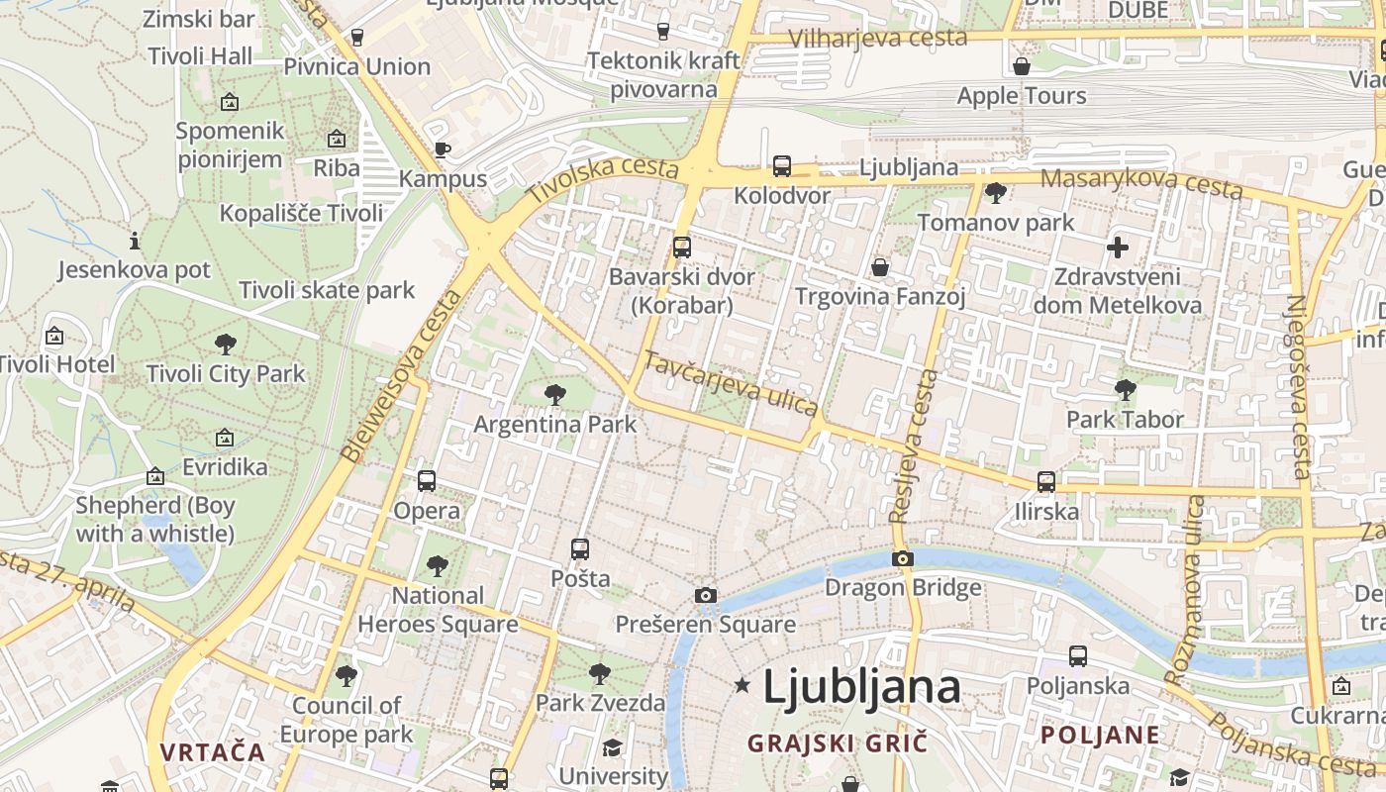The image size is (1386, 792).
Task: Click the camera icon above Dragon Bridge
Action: [902, 559]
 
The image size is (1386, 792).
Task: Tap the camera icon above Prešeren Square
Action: [705, 595]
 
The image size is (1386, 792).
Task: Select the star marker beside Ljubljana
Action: [742, 685]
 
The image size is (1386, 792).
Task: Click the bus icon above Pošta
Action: [580, 548]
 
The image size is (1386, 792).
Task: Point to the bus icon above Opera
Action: [427, 481]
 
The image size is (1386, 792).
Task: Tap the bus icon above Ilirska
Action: [1046, 482]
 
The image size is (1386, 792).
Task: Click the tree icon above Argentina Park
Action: [555, 395]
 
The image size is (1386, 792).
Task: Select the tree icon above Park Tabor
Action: [1125, 390]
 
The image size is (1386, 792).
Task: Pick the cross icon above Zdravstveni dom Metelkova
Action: [1118, 247]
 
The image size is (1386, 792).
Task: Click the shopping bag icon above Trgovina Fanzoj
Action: [879, 267]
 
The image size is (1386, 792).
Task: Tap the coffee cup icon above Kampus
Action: [443, 150]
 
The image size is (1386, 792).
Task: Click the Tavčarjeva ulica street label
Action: [731, 383]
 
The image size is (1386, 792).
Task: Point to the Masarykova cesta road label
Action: [1141, 181]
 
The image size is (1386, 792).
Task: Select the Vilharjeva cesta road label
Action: [877, 38]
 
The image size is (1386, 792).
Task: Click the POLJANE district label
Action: [1100, 735]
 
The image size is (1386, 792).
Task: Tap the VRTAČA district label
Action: [213, 751]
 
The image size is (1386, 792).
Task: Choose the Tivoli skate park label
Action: [327, 290]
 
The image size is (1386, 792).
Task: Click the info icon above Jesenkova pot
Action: [135, 241]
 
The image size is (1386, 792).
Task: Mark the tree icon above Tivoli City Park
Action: [226, 345]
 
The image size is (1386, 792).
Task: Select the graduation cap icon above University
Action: [613, 747]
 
